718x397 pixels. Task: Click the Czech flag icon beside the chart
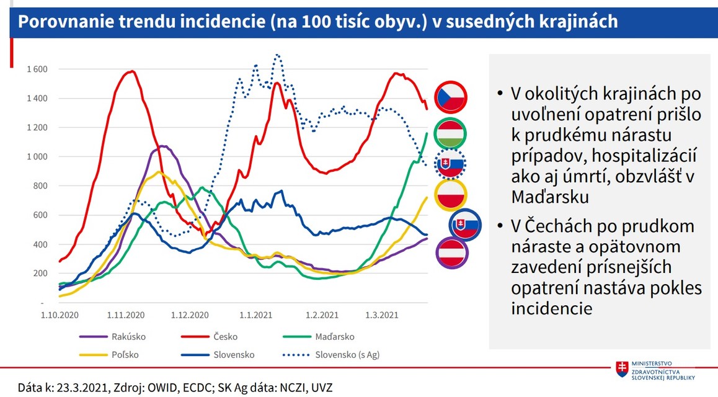pyautogui.click(x=451, y=96)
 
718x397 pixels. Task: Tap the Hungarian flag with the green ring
pyautogui.click(x=451, y=133)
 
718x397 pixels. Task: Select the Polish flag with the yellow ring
pyautogui.click(x=451, y=195)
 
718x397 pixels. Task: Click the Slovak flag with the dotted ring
pyautogui.click(x=451, y=164)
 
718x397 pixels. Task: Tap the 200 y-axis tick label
pyautogui.click(x=40, y=274)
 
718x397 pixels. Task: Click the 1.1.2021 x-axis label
pyautogui.click(x=255, y=315)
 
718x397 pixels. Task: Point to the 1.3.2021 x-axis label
pyautogui.click(x=382, y=315)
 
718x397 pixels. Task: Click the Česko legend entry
pyautogui.click(x=225, y=337)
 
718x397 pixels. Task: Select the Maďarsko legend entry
pyautogui.click(x=335, y=337)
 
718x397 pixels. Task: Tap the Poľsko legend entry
pyautogui.click(x=125, y=355)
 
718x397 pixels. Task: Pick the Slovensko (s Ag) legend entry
pyautogui.click(x=347, y=355)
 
